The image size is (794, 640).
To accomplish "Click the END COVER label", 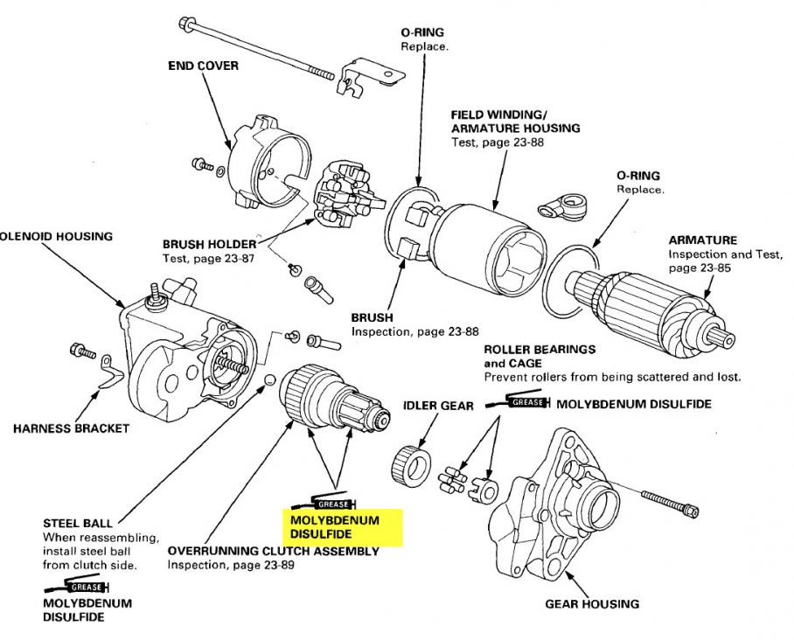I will coord(203,66).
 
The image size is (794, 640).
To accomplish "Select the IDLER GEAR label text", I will coord(438,406).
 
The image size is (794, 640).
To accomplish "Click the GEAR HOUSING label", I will coord(592,603).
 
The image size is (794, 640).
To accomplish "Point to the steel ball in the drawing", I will coord(270,380).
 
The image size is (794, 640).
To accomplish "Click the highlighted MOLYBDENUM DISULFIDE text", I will coord(336,526).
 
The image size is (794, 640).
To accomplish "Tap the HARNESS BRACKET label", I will coord(71,428).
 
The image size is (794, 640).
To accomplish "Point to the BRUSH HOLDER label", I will coord(210,244).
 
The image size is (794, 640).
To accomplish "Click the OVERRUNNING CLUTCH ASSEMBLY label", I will coord(273,552).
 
